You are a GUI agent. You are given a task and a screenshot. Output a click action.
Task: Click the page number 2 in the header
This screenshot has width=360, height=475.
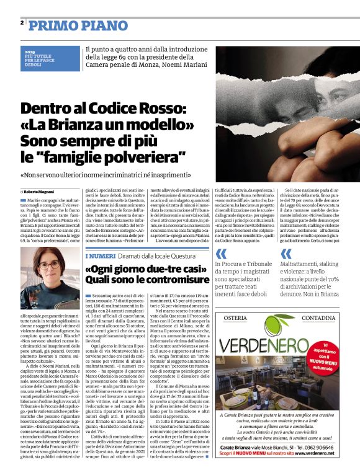22,23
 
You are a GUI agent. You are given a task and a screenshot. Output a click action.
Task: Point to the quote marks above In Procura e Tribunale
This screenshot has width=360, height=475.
220,254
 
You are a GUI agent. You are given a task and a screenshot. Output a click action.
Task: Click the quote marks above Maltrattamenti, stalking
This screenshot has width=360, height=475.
286,254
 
